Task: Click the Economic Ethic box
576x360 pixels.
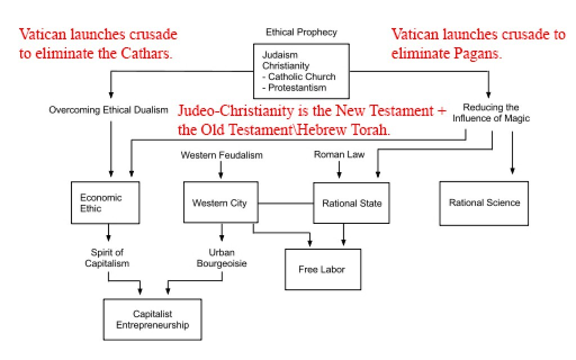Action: [105, 202]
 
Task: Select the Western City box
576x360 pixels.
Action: [220, 202]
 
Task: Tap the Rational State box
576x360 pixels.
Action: [351, 203]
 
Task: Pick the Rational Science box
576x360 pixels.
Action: [484, 202]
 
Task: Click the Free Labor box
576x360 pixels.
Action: [322, 269]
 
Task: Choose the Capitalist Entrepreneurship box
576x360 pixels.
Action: [152, 319]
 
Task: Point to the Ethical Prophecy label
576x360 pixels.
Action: [301, 32]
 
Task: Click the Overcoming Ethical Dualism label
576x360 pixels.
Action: [109, 110]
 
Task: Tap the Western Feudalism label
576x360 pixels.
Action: [222, 155]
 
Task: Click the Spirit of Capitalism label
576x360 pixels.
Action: [107, 258]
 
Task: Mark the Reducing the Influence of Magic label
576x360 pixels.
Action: [491, 112]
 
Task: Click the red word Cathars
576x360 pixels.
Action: [145, 55]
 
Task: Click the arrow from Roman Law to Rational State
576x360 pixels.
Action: [339, 170]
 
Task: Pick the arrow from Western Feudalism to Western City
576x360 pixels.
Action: [220, 170]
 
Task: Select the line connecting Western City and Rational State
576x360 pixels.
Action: [285, 202]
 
